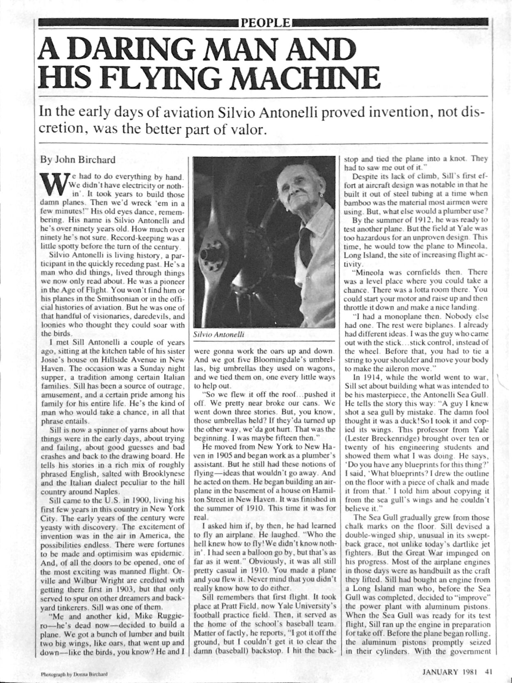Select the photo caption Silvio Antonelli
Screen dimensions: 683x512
pos(218,334)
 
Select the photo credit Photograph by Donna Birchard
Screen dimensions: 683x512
pos(74,674)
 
